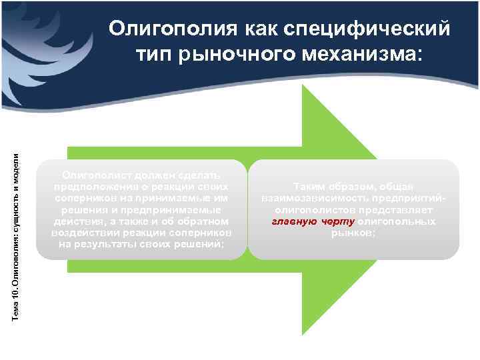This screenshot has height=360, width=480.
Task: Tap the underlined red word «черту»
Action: (x=337, y=221)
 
